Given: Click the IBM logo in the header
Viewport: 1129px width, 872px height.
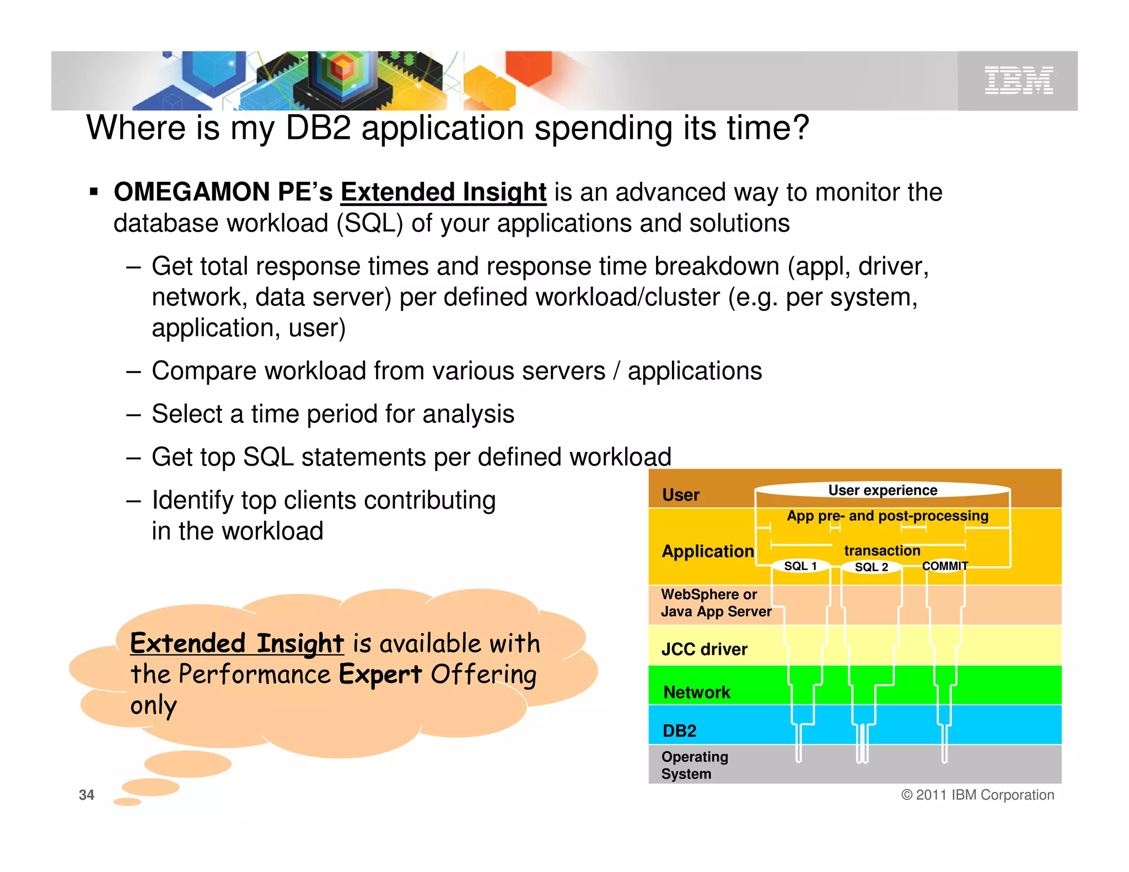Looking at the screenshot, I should click(x=1018, y=80).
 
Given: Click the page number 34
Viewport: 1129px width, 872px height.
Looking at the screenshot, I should click(x=87, y=795).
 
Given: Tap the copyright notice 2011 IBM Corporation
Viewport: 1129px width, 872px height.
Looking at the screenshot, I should click(x=977, y=795).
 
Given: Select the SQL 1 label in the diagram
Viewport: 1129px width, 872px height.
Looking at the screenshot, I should click(x=800, y=566).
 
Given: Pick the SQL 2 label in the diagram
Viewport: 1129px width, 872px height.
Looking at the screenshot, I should click(x=871, y=567).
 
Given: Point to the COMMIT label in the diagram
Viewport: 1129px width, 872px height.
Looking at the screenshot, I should click(x=945, y=566).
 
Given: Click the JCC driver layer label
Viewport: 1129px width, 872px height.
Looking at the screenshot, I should click(x=704, y=649).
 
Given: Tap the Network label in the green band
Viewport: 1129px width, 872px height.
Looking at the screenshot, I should click(x=697, y=692).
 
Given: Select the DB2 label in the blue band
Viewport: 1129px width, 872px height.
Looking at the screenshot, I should click(x=679, y=731).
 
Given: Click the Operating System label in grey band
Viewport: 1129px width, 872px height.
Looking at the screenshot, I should click(x=694, y=765).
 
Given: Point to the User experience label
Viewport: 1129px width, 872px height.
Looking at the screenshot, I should click(x=883, y=491).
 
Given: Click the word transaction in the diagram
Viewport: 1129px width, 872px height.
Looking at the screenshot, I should click(x=882, y=551).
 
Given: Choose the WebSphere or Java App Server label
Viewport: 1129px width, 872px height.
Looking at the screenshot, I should click(x=716, y=603).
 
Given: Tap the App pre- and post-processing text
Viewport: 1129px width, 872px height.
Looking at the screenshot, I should click(x=888, y=516).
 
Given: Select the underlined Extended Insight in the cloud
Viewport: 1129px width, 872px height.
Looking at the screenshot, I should click(x=237, y=644).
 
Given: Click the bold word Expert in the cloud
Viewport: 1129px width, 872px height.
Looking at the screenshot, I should click(x=380, y=674).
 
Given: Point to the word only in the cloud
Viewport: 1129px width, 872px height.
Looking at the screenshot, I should click(x=154, y=706).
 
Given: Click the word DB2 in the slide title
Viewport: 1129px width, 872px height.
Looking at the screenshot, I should click(x=318, y=128).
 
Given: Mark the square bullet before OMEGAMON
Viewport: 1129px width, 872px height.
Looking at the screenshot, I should click(x=94, y=192).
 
